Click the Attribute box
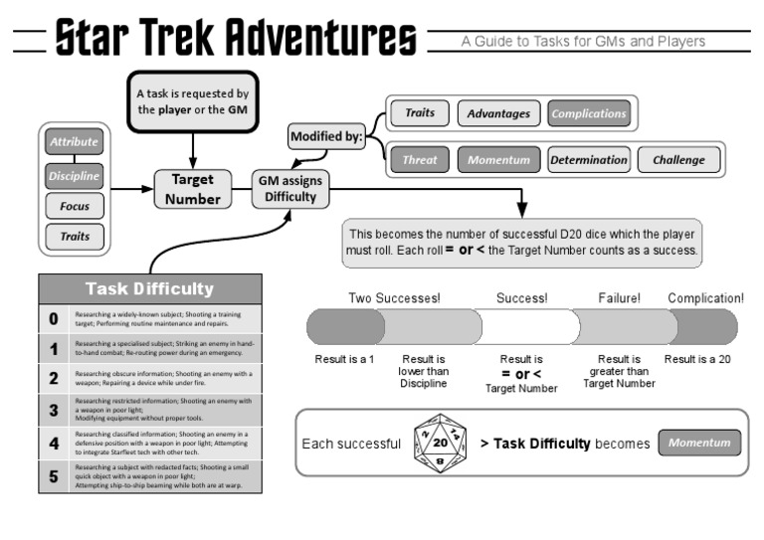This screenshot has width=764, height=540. [74, 142]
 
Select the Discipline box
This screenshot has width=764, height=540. [74, 176]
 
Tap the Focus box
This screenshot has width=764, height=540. [74, 207]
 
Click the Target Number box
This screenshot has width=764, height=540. [193, 189]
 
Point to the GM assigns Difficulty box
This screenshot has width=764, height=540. [288, 189]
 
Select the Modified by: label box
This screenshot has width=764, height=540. [326, 137]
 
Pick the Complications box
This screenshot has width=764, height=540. [588, 113]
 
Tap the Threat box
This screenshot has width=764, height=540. [420, 159]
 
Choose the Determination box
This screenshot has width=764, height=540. [589, 159]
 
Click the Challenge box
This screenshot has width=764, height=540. [678, 159]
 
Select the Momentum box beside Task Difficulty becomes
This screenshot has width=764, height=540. [699, 443]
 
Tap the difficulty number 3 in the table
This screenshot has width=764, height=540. [54, 409]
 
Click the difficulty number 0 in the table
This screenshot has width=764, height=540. [54, 319]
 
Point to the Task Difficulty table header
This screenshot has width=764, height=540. [150, 289]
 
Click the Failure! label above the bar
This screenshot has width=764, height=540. [619, 297]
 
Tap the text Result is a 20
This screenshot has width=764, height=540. [696, 358]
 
